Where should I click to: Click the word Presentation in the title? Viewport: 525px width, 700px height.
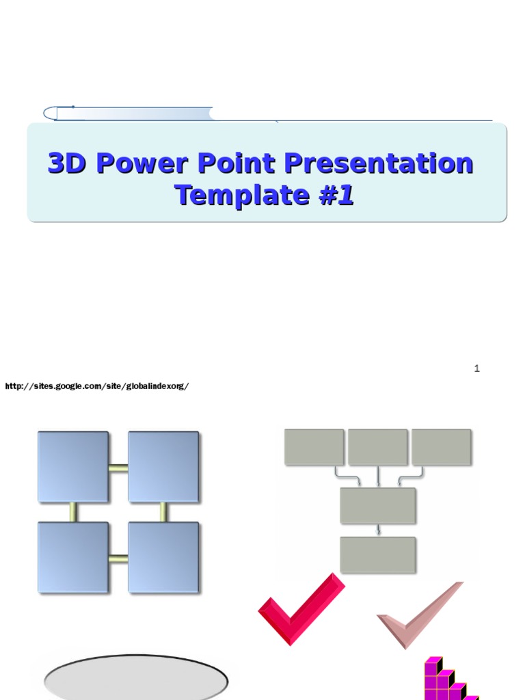click(379, 164)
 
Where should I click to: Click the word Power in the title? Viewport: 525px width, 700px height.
click(142, 164)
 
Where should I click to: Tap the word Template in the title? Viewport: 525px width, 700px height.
click(241, 195)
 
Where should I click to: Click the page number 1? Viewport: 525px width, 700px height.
click(476, 368)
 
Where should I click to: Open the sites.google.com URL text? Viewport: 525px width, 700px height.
click(96, 386)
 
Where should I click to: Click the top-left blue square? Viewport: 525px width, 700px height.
click(72, 467)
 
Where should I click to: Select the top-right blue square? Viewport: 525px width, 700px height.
click(163, 467)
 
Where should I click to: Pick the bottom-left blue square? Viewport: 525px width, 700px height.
click(72, 557)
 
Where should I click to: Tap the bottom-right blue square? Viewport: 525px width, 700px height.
click(163, 557)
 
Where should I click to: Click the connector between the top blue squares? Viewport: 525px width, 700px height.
click(118, 468)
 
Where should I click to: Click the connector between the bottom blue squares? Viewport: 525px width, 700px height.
click(118, 558)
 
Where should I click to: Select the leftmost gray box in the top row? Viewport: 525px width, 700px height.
click(314, 447)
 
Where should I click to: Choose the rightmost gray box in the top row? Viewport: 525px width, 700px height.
click(441, 447)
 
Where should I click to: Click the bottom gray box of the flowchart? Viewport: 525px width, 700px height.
click(377, 554)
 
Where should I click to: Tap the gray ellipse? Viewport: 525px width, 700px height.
click(136, 679)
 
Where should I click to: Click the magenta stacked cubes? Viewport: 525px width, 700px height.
click(444, 681)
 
